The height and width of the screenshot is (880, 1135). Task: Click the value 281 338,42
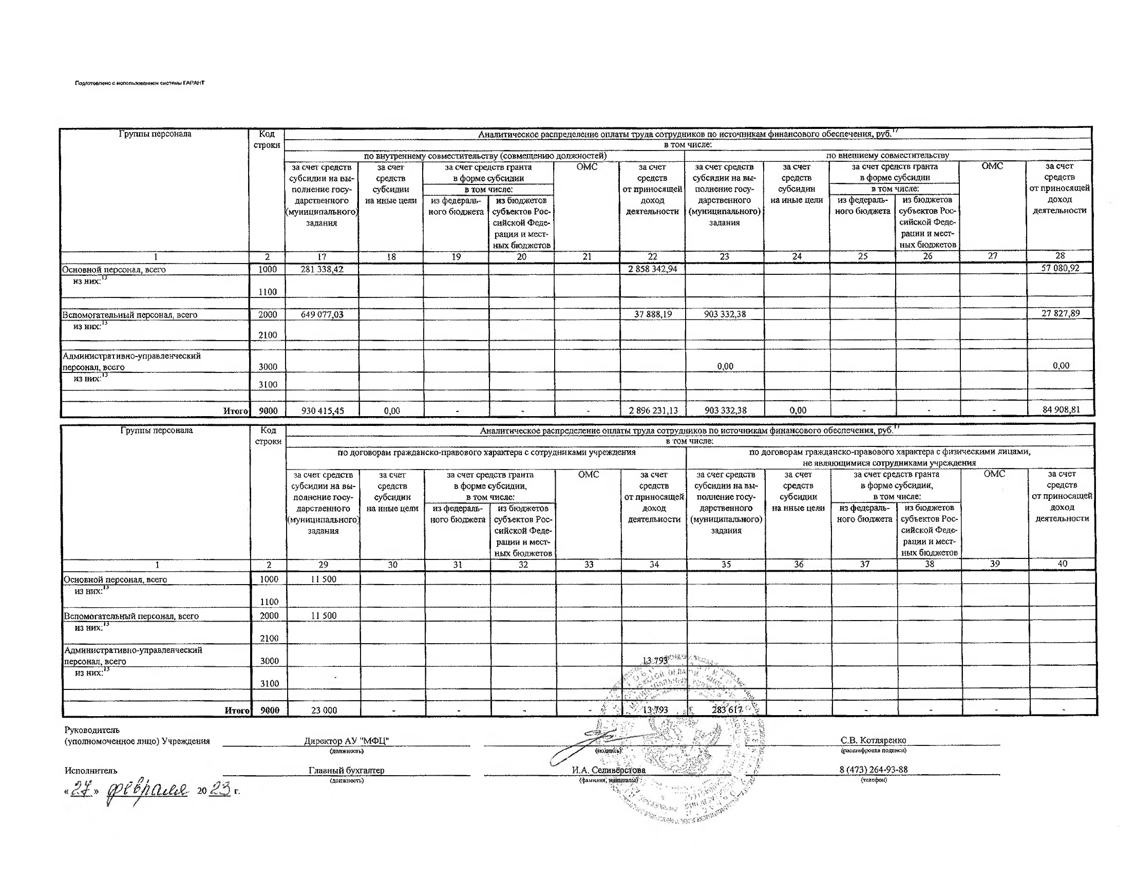321,269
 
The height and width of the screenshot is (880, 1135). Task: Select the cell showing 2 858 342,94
652,269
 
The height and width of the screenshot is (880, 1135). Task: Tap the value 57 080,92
1060,268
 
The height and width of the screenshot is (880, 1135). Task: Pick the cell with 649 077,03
322,314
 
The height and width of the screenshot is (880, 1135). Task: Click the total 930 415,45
322,410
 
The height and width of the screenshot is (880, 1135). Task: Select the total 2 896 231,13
652,410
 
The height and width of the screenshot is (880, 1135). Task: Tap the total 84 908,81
1061,409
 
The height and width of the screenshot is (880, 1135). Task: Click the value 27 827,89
1060,313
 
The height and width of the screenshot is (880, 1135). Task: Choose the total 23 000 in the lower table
324,710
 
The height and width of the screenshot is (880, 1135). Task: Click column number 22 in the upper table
652,256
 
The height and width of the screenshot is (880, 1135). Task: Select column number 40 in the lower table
1062,564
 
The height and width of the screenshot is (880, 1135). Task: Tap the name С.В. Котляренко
873,740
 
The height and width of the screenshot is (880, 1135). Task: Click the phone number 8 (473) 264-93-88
873,769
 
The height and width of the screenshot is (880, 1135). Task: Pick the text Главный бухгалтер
346,771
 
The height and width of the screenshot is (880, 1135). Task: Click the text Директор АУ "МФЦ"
346,741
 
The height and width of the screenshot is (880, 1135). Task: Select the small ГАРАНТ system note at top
140,83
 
